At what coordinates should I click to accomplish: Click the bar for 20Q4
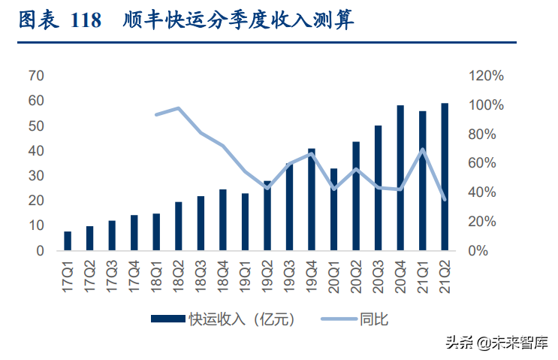[x=400, y=178]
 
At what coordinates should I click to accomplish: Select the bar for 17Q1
[x=68, y=241]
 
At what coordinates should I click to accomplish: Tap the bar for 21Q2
[x=445, y=177]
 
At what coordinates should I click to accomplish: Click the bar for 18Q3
[x=201, y=223]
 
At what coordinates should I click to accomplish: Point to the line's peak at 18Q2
[x=179, y=108]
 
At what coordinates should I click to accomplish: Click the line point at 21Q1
[x=423, y=150]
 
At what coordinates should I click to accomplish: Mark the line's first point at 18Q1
[x=156, y=115]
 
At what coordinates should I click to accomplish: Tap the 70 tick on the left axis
[x=36, y=75]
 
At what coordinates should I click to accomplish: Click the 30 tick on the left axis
[x=36, y=176]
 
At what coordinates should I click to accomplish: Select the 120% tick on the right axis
[x=485, y=75]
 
